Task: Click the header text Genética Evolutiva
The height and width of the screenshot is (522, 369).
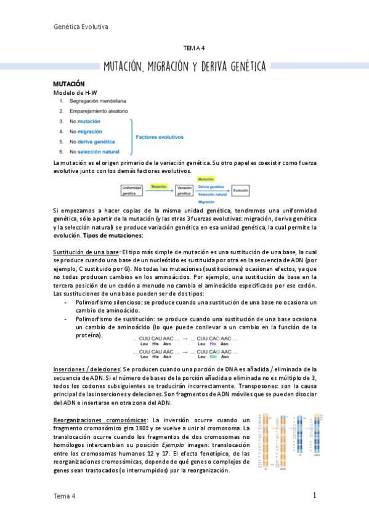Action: pos(81,27)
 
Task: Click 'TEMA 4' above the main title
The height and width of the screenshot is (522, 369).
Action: pos(195,48)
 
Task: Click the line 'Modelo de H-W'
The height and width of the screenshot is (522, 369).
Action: pos(76,92)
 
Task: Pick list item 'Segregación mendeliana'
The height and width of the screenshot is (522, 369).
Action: pos(98,101)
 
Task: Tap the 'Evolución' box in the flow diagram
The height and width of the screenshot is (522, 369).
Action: pos(241,191)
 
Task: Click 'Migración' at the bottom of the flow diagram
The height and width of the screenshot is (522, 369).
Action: pos(206,201)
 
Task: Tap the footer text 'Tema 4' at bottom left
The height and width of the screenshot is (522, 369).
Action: pos(65,496)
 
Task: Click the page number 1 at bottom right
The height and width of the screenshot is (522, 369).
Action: pos(314,496)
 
